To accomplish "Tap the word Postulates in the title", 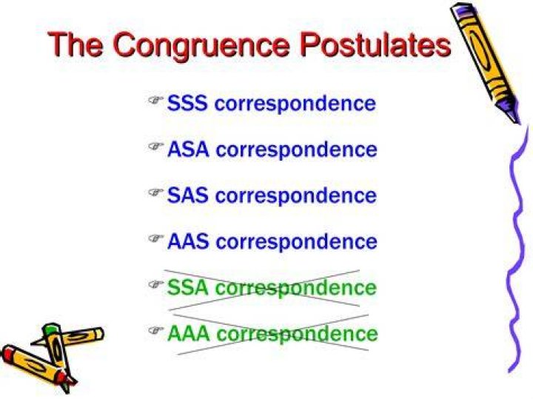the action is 375,44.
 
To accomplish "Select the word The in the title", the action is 76,44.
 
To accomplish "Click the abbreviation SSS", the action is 187,103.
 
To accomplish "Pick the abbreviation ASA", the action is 188,150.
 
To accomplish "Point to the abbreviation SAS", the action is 187,195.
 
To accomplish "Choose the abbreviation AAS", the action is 188,241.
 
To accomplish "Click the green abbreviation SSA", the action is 187,287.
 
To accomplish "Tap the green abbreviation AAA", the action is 189,333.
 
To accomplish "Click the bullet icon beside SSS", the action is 156,100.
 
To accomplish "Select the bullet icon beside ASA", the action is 156,146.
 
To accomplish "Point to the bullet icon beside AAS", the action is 156,238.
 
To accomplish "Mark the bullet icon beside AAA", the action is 156,330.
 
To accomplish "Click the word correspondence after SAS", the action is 296,196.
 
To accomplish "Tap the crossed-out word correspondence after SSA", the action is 296,289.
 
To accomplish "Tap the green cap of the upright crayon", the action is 51,328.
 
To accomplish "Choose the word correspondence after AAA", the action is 297,335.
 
